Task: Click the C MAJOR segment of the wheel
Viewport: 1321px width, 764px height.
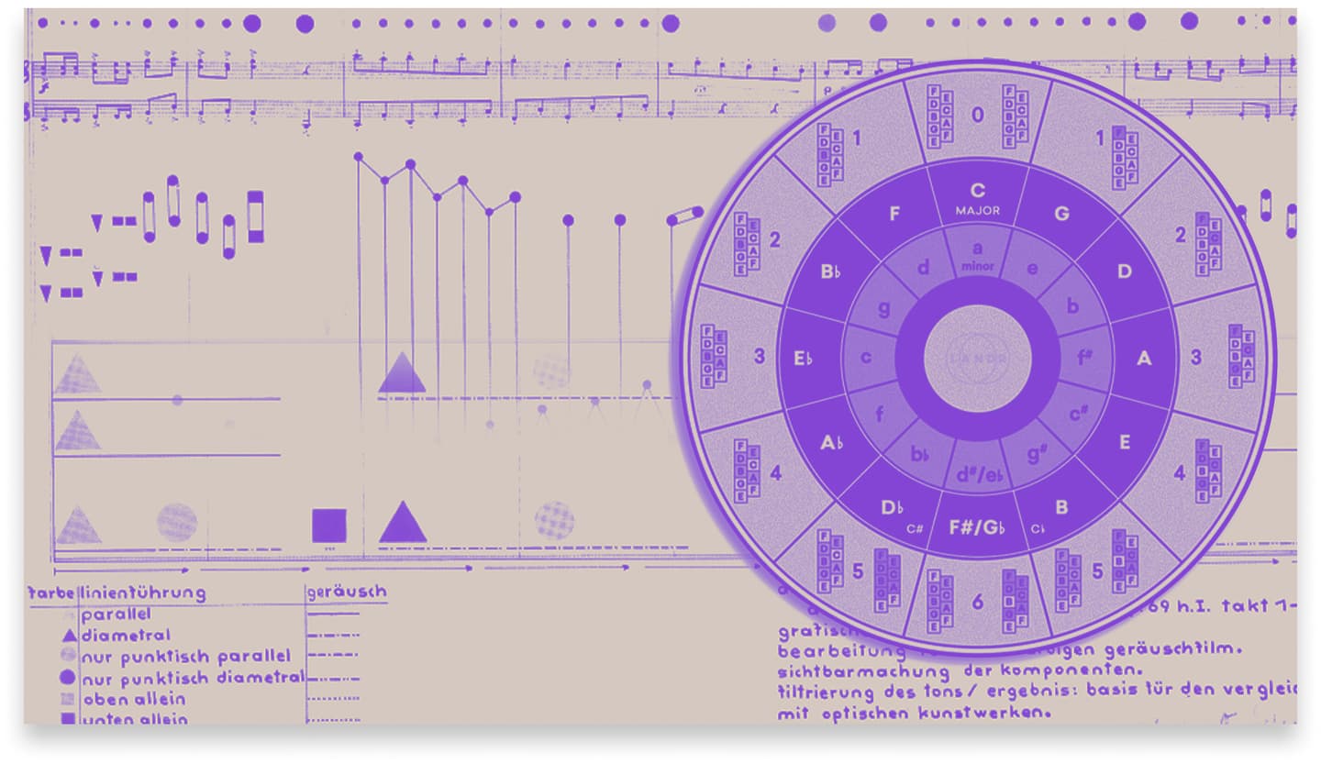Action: point(977,197)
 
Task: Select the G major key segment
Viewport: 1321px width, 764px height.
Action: point(1061,215)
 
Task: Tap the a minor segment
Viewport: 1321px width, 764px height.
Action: point(977,254)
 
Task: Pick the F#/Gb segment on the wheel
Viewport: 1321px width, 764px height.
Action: point(977,528)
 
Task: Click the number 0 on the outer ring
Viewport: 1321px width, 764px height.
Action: point(977,116)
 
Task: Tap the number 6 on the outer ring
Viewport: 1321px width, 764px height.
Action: point(977,602)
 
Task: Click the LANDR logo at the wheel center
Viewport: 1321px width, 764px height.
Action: point(978,358)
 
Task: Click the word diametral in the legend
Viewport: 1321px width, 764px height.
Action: point(126,635)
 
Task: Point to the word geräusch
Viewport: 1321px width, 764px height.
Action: point(346,592)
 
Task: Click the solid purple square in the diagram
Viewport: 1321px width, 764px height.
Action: point(328,526)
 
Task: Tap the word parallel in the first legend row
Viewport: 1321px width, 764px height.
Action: point(116,615)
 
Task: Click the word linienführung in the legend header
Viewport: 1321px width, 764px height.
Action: point(142,592)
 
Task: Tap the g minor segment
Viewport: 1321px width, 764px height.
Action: point(883,308)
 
